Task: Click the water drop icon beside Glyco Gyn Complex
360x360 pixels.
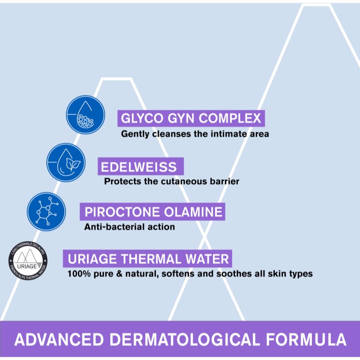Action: pyautogui.click(x=85, y=115)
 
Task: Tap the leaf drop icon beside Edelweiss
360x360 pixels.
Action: pyautogui.click(x=66, y=162)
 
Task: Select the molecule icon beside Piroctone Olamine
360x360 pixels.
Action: pyautogui.click(x=46, y=211)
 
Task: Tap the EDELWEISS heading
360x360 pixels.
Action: pyautogui.click(x=139, y=167)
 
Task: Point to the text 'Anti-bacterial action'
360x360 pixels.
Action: pyautogui.click(x=130, y=227)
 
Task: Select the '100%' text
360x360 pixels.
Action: pyautogui.click(x=77, y=274)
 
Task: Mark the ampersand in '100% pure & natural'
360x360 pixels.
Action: pyautogui.click(x=117, y=274)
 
